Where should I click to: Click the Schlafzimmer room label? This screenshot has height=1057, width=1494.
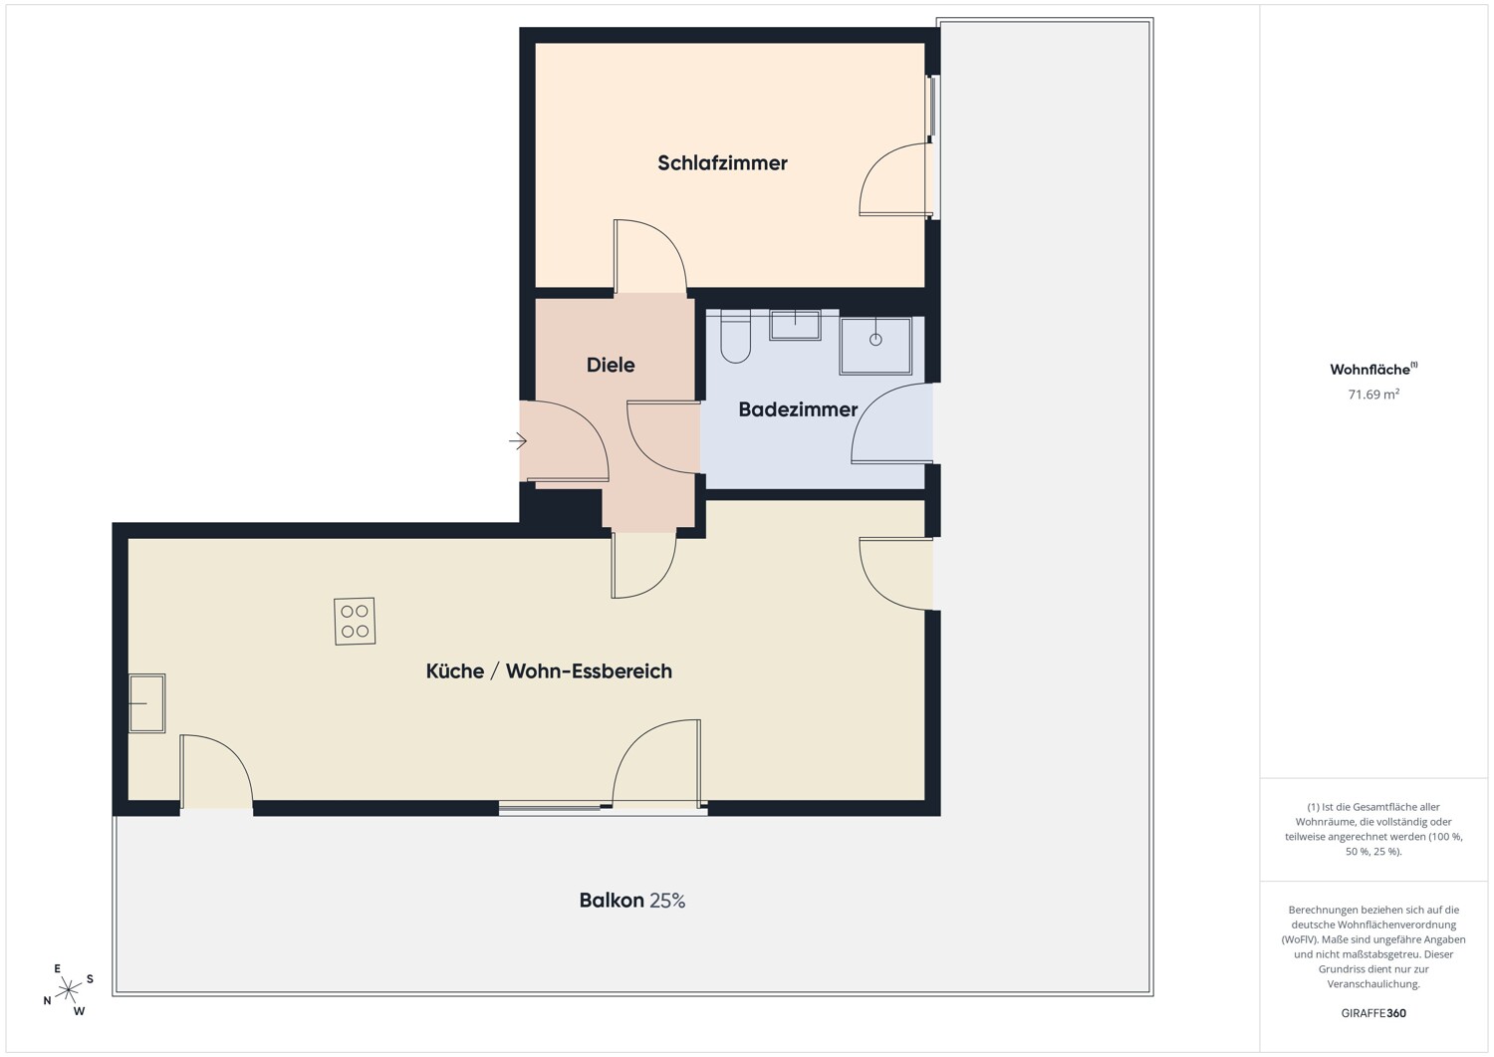tap(722, 163)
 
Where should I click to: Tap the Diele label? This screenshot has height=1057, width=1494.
tap(611, 365)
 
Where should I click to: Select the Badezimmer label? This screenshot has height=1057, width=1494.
tap(798, 409)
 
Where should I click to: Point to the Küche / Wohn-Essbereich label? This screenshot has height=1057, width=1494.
tap(549, 671)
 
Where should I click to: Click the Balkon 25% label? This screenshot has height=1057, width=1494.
tap(632, 901)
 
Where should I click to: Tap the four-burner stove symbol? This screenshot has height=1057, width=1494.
tap(355, 622)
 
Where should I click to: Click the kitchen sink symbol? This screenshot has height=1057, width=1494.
tap(146, 703)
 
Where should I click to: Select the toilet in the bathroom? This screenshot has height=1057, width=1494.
tap(736, 337)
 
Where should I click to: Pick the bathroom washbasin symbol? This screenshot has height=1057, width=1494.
tap(795, 325)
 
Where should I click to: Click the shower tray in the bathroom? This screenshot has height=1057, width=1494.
tap(875, 347)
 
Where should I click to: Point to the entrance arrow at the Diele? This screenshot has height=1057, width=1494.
tap(518, 441)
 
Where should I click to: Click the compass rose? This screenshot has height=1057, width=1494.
tap(68, 990)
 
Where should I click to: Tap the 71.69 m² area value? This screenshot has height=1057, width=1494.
tap(1373, 395)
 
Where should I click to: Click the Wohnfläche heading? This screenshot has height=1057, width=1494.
tap(1373, 369)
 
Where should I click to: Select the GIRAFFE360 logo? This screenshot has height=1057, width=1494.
tap(1373, 1013)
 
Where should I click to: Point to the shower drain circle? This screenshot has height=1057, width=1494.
tap(875, 340)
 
